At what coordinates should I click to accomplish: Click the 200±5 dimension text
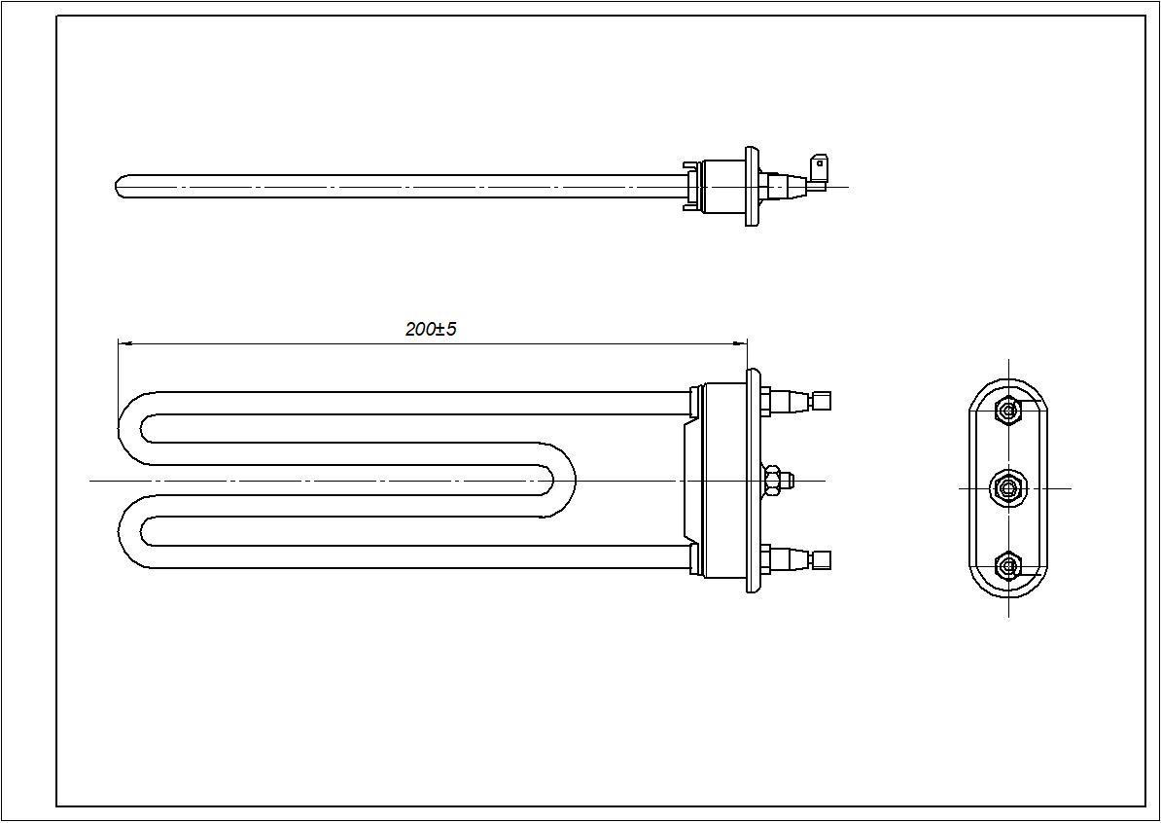point(431,329)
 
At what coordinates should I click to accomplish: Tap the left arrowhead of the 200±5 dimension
point(123,342)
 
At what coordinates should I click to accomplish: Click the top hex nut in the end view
point(1008,411)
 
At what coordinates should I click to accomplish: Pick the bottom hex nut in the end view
point(1008,565)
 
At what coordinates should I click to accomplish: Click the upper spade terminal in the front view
point(822,400)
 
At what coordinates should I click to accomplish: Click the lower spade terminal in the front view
point(822,558)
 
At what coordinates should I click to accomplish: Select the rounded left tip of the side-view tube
point(120,186)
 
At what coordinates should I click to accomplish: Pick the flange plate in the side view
point(752,186)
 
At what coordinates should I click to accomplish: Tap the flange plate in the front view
point(753,480)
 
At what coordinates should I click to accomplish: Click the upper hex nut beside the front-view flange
point(766,400)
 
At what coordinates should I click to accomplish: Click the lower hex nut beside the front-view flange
point(766,558)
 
